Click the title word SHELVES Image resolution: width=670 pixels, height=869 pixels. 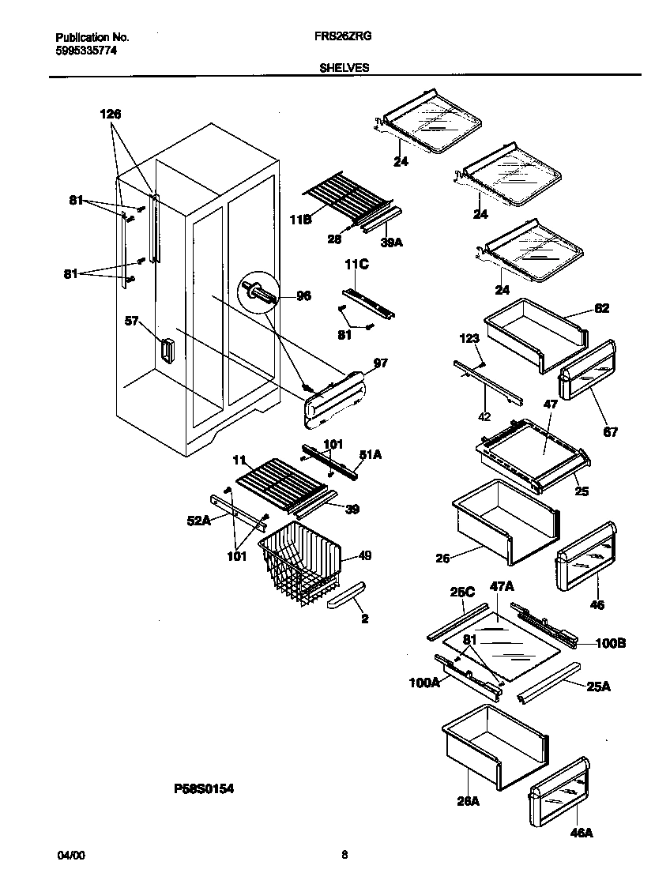pyautogui.click(x=344, y=68)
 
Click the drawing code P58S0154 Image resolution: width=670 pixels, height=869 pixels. pyautogui.click(x=204, y=788)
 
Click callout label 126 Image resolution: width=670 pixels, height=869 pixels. pyautogui.click(x=111, y=115)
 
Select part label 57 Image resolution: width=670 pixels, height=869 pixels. pyautogui.click(x=131, y=322)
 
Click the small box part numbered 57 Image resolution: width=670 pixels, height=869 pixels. pyautogui.click(x=167, y=350)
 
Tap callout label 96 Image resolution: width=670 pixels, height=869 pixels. pyautogui.click(x=303, y=296)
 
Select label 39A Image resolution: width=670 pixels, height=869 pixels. pyautogui.click(x=390, y=243)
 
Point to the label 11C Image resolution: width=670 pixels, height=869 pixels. pyautogui.click(x=356, y=266)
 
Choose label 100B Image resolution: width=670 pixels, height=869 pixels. pyautogui.click(x=610, y=643)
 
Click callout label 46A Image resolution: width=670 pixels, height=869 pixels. pyautogui.click(x=581, y=833)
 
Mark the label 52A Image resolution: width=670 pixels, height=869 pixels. pyautogui.click(x=198, y=520)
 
